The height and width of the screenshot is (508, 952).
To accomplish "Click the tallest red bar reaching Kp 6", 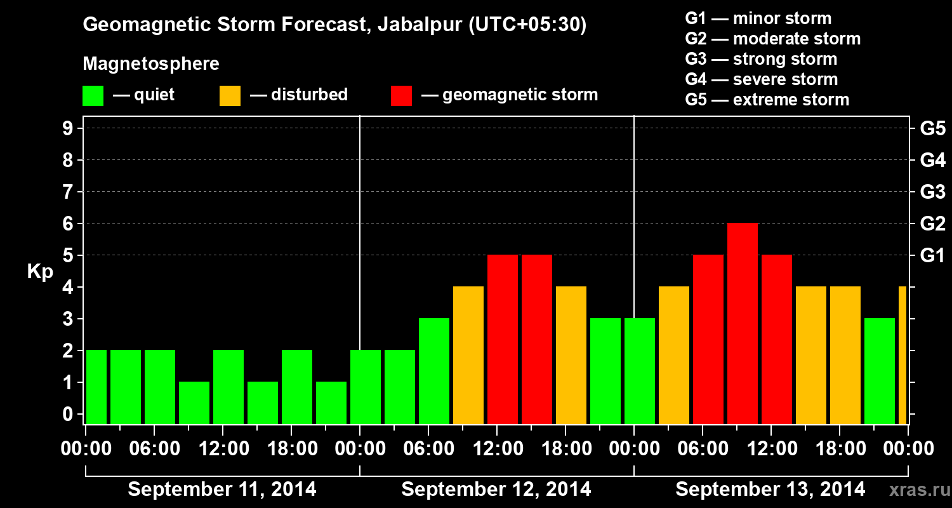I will pos(742,323).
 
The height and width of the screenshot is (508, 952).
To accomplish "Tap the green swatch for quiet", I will pos(93,96).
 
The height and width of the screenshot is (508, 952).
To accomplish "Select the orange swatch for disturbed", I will pos(230,96).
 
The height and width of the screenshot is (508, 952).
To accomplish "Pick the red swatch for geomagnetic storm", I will pos(401,96).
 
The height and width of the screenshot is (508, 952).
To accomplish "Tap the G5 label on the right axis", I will pos(932,129).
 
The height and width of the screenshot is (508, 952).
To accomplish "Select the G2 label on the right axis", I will pos(932,224).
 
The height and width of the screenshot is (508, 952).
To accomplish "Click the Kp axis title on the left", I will pos(40,272).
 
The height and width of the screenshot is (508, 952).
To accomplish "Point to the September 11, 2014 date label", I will pos(222,490).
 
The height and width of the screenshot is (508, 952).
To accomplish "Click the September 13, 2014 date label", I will pos(770,490).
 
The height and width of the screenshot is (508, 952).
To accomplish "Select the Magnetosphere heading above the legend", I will pos(151,64).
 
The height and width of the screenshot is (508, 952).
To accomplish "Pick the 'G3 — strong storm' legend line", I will pos(761,59).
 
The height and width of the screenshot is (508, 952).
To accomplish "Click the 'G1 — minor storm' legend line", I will pos(758,18).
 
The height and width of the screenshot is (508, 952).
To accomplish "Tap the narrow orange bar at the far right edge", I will pos(902,355).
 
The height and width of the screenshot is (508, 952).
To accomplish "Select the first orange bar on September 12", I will pos(468,355).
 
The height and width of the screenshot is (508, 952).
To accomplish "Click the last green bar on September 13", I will pos(879,371).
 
